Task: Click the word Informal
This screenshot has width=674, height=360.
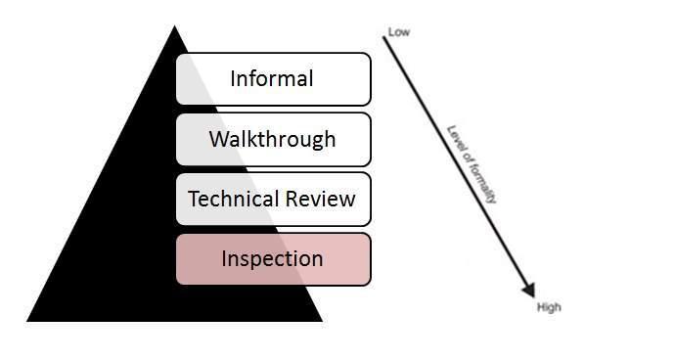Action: pos(272,78)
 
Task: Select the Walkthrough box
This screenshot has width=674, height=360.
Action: pos(273,139)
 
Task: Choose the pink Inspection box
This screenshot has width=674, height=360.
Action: pos(273,259)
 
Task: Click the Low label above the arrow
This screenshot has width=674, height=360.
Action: pos(399,32)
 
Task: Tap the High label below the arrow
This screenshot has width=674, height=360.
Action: pos(550,307)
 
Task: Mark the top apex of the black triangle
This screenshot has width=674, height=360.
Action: pos(174,26)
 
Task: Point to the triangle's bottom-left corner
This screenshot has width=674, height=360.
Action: pos(28,320)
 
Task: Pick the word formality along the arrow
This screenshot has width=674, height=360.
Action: pos(483,181)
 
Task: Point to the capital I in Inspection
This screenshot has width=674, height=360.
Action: pos(225,259)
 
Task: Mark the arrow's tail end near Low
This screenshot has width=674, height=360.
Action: pos(383,37)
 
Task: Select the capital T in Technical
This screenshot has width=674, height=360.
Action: pos(194,200)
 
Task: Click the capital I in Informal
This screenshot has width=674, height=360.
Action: pos(234,78)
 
